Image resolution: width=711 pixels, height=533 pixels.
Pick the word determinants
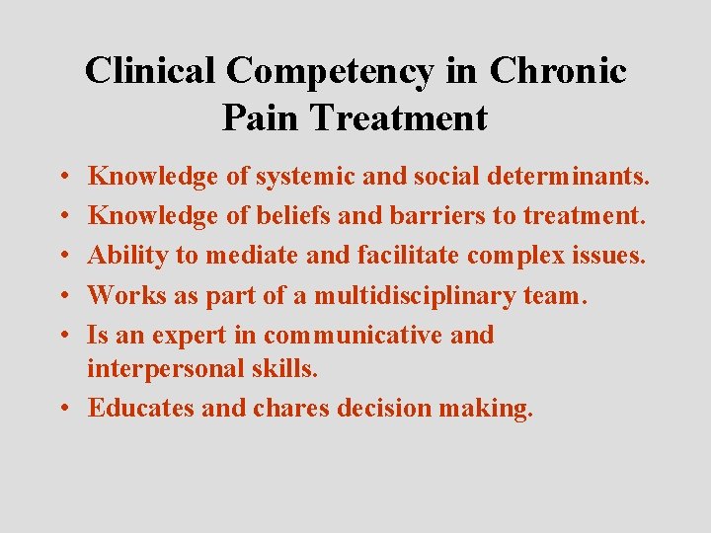pos(562,177)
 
